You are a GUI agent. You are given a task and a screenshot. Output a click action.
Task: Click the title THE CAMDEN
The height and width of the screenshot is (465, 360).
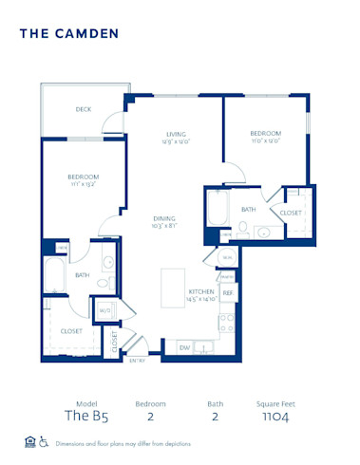point(69,33)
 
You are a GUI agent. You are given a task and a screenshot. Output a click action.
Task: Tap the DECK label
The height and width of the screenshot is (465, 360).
point(84,109)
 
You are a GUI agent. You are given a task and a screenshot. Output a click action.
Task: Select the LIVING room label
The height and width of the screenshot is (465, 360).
point(176,134)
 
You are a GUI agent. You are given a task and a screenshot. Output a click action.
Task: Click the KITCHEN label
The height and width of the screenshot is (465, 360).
point(200,291)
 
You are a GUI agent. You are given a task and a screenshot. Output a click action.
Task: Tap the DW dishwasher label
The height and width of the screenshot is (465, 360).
point(185,347)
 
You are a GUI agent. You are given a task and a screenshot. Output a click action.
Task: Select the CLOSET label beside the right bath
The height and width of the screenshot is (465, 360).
point(290,213)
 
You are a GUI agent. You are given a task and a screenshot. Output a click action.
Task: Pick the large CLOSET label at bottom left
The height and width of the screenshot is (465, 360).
point(71,331)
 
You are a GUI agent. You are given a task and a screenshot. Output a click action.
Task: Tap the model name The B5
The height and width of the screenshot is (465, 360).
point(82,415)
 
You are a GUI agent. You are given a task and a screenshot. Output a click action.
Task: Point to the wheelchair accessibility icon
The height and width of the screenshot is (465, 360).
point(45,442)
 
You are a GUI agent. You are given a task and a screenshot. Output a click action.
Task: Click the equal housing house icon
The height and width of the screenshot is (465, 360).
point(29,442)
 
